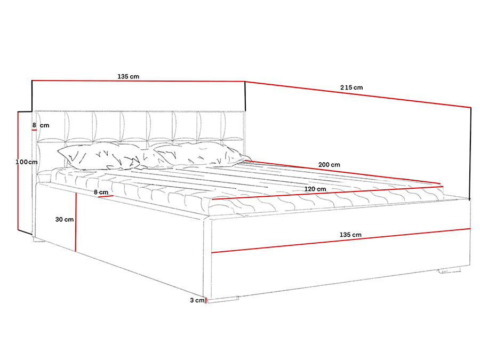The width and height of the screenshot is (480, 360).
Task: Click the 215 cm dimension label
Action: tap(351, 87)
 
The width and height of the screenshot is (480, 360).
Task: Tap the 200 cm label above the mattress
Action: tap(329, 165)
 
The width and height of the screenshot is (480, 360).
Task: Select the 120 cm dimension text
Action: tap(315, 189)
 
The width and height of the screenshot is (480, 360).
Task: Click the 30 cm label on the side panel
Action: tap(65, 219)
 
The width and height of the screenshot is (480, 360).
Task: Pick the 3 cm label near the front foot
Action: tap(197, 301)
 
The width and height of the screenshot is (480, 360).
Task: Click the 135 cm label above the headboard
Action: tap(128, 77)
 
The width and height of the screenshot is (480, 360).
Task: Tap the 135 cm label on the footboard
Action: tap(350, 235)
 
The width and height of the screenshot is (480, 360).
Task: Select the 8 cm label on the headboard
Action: tap(41, 125)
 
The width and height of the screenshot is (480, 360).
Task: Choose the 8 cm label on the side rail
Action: tap(101, 192)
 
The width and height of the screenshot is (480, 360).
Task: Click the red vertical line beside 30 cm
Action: tap(76, 221)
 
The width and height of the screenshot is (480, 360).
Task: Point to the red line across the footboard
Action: tap(341, 241)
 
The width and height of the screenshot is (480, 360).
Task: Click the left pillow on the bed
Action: tap(99, 156)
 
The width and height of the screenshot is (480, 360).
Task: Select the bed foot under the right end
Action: tap(449, 270)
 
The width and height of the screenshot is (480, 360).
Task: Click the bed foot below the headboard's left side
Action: tap(39, 241)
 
